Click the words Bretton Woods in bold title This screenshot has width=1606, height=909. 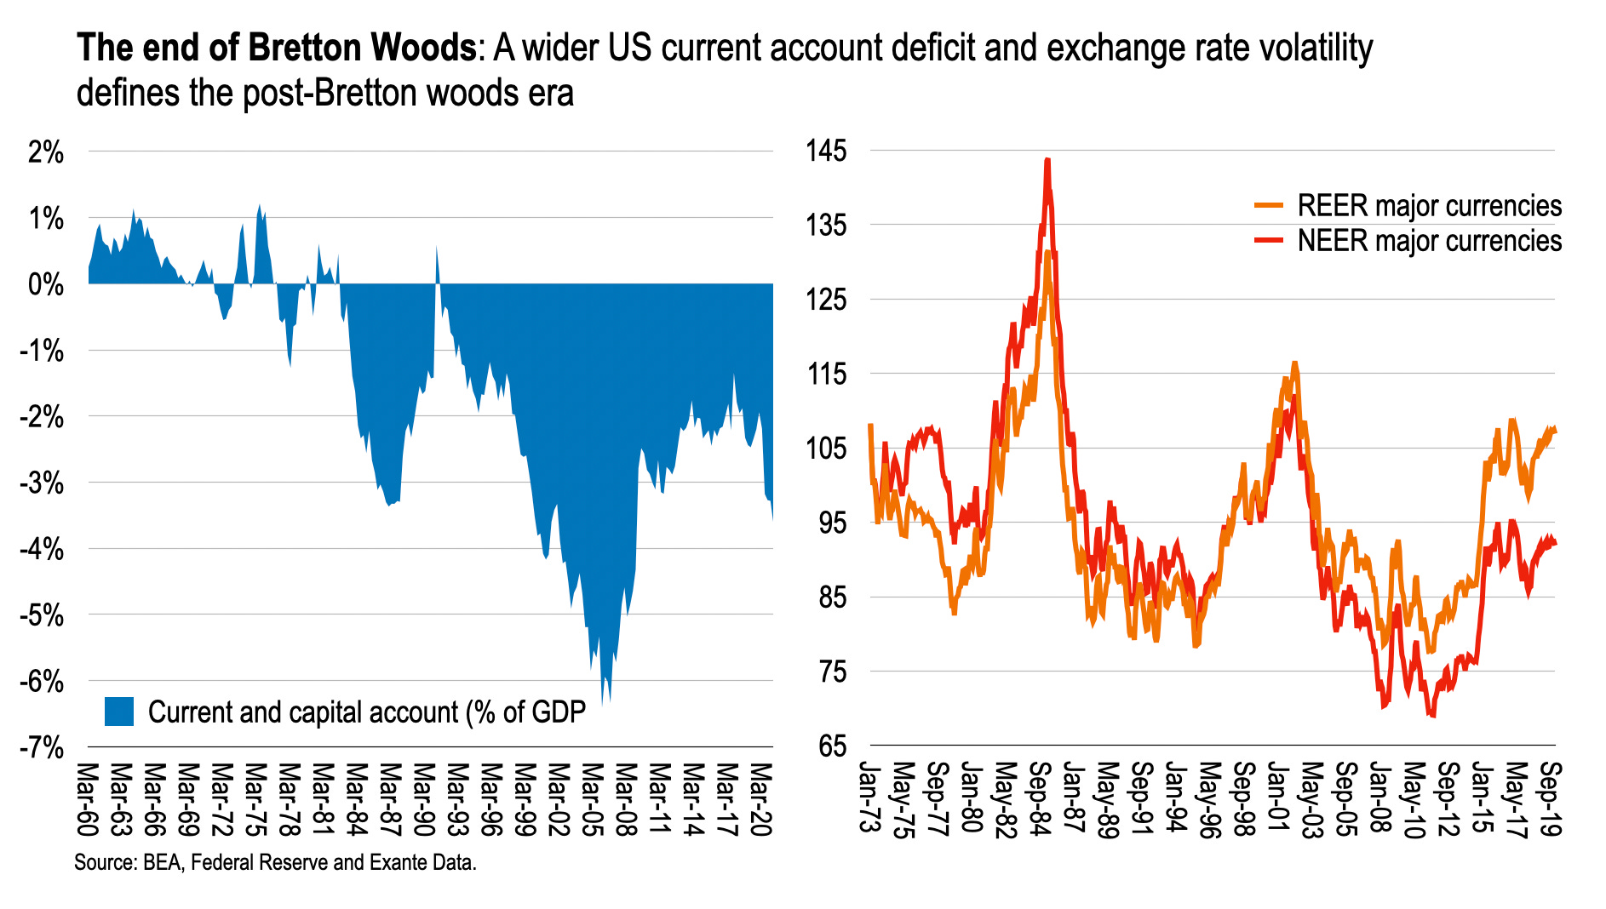click(361, 48)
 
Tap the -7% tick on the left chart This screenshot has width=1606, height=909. click(42, 748)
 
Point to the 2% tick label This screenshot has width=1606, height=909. click(46, 153)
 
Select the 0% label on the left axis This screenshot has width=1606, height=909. click(46, 285)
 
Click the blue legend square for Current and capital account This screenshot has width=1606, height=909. click(119, 712)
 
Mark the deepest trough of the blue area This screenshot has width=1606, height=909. click(603, 703)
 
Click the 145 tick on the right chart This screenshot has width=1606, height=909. click(826, 151)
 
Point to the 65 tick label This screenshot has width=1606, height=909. click(832, 746)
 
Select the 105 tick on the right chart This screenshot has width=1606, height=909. click(826, 449)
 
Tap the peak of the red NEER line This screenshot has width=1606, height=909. click(1047, 160)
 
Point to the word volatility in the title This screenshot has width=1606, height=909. click(1316, 48)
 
